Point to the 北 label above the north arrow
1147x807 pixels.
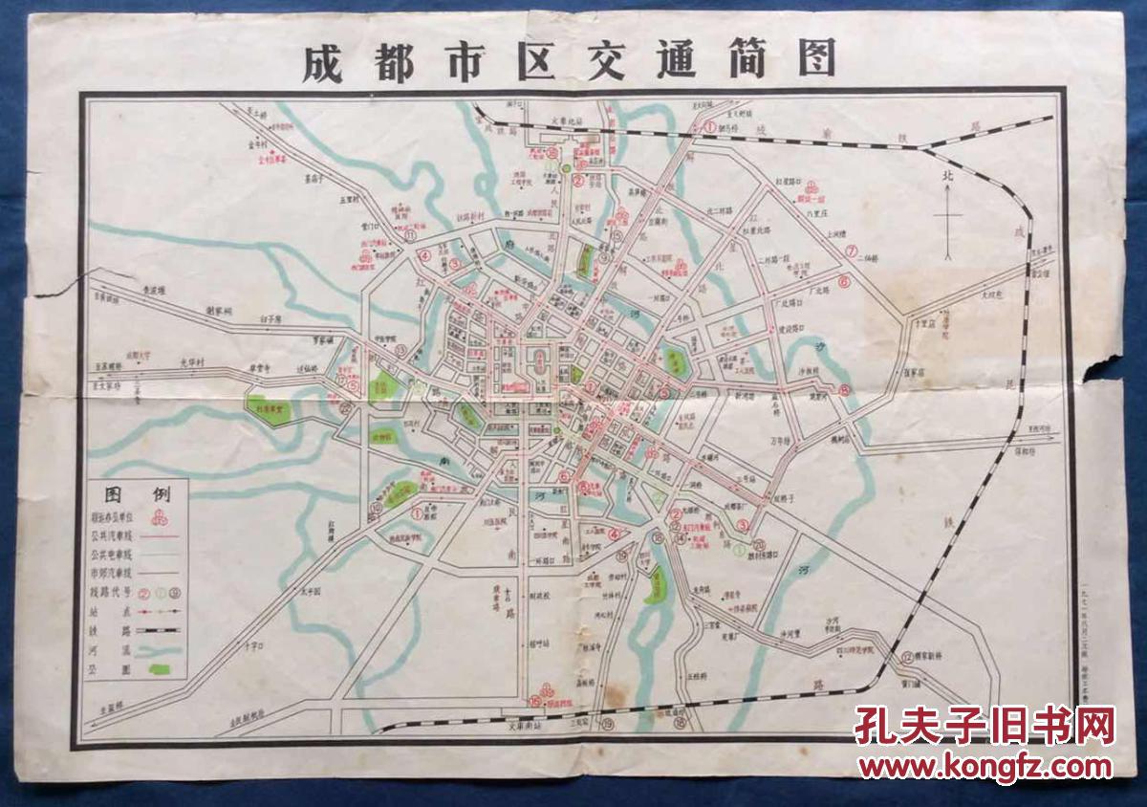pyautogui.click(x=947, y=176)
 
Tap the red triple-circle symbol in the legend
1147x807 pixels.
pyautogui.click(x=160, y=516)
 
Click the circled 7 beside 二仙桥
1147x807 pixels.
pyautogui.click(x=851, y=251)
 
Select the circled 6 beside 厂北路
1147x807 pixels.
pyautogui.click(x=843, y=282)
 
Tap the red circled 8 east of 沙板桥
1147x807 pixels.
pyautogui.click(x=844, y=389)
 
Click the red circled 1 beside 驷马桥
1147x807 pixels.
pyautogui.click(x=710, y=125)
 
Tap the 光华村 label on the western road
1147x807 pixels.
pyautogui.click(x=195, y=361)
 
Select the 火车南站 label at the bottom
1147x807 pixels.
pyautogui.click(x=526, y=726)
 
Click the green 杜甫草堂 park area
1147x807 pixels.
pyautogui.click(x=272, y=406)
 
